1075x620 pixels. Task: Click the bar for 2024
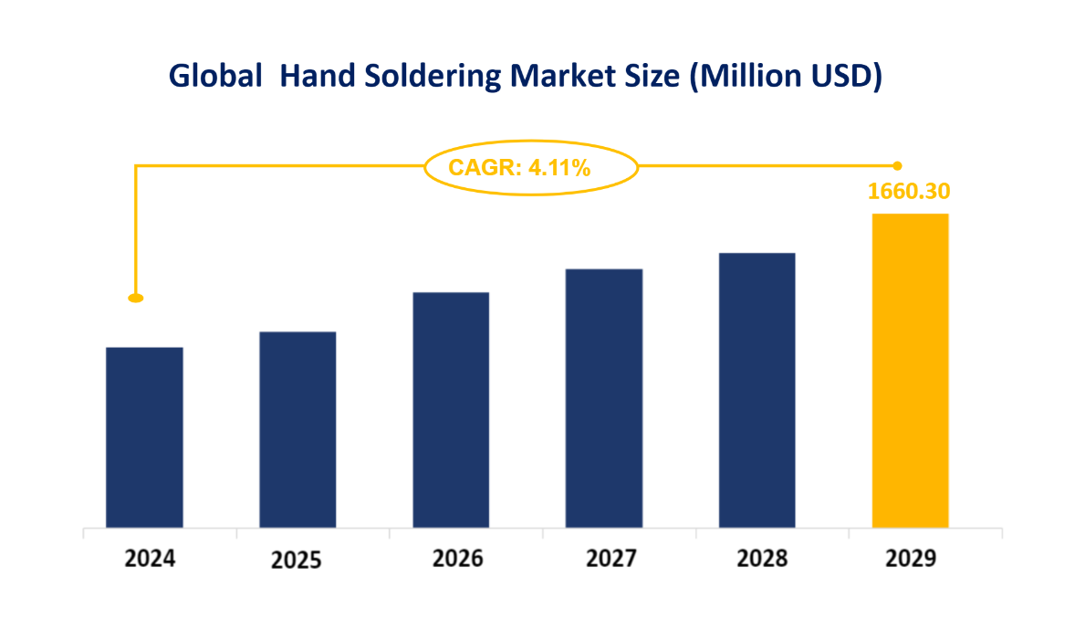[x=144, y=437]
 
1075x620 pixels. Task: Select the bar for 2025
[x=297, y=429]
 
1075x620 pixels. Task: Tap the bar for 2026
[x=451, y=410]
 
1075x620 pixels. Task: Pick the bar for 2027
[x=604, y=398]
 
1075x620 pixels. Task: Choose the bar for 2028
[x=757, y=390]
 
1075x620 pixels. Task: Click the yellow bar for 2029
[x=911, y=370]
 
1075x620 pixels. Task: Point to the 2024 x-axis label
[x=150, y=558]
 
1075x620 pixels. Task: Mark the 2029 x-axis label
[x=911, y=558]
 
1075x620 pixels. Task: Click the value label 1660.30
[x=909, y=192]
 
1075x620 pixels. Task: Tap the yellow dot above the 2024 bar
[x=136, y=298]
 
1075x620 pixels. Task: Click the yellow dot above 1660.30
[x=897, y=165]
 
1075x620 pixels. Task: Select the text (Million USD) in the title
[x=785, y=77]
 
